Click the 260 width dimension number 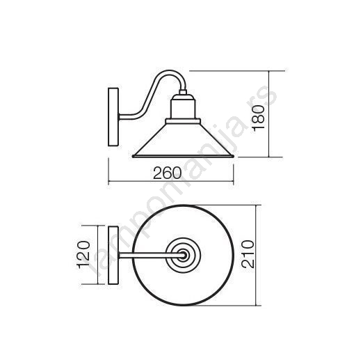coord(167,173)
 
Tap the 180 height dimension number coord(259,118)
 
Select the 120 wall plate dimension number coord(83,255)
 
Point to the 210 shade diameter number coord(248,254)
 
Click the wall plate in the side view coord(113,117)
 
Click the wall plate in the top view coord(113,256)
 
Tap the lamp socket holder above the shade coord(183,109)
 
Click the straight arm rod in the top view coord(151,256)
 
